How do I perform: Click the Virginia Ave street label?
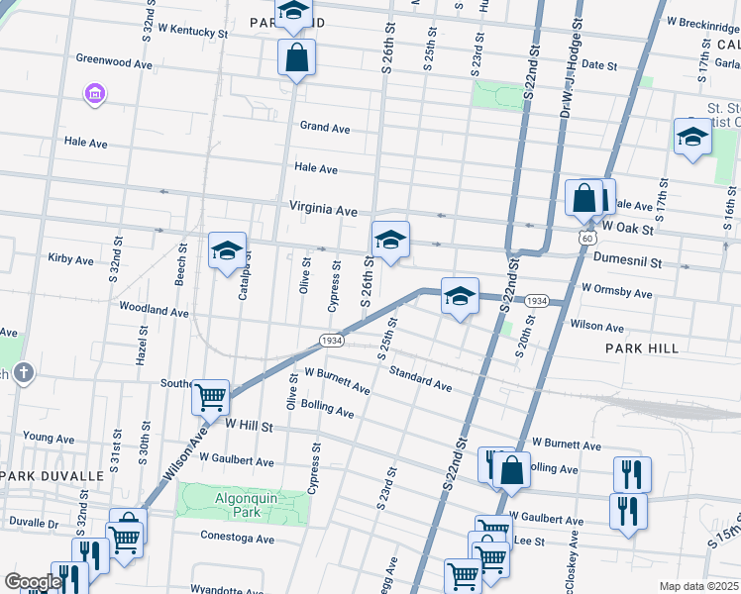click(323, 210)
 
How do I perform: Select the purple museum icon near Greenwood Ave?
click(96, 95)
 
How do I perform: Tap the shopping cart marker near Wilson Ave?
click(210, 398)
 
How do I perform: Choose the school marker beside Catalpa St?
click(227, 251)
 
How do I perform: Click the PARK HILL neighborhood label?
click(642, 348)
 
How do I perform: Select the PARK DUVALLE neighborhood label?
click(52, 476)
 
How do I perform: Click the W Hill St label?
click(248, 423)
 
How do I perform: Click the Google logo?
click(33, 582)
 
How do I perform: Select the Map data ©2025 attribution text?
click(698, 586)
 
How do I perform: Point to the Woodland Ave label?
click(154, 311)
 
